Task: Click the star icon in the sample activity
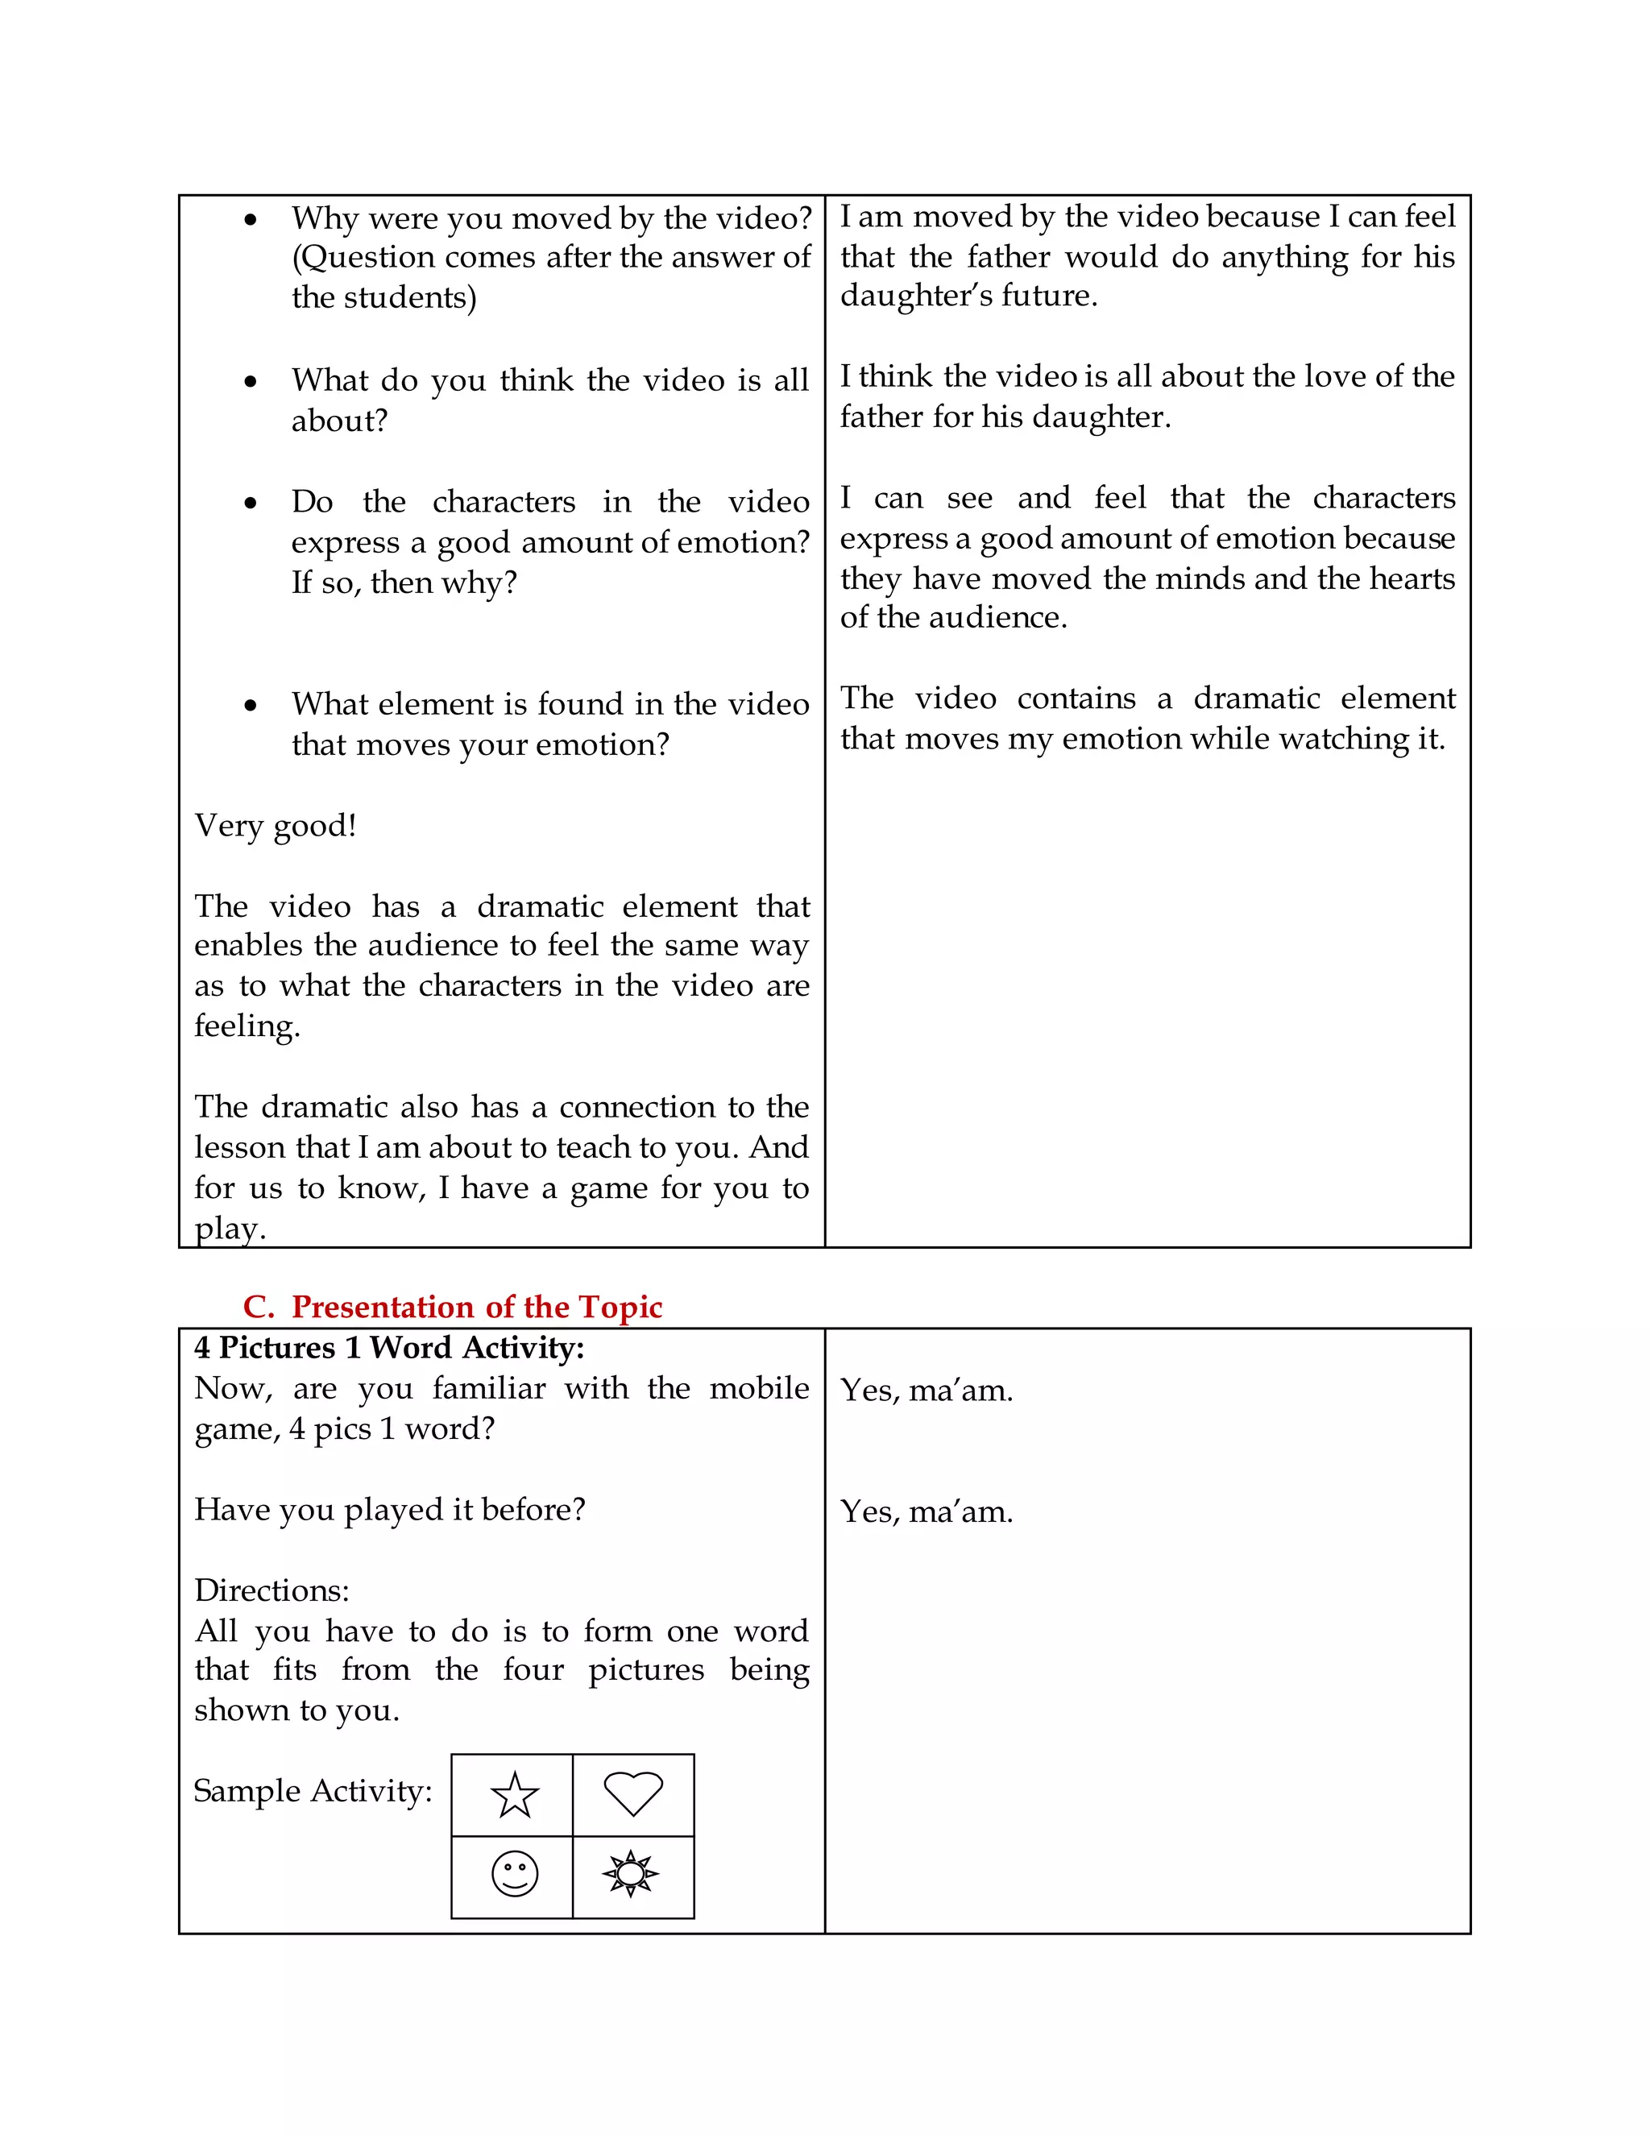[514, 1795]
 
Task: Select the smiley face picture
[514, 1874]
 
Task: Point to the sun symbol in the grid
[632, 1874]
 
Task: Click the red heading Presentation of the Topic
[476, 1307]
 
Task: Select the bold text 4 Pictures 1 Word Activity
[389, 1348]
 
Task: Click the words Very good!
[276, 826]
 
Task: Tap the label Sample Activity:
[313, 1791]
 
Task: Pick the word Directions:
[272, 1590]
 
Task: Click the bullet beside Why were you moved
[251, 220]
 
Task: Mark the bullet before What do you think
[251, 382]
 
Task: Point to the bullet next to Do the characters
[251, 504]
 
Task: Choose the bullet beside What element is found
[251, 706]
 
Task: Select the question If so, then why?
[404, 583]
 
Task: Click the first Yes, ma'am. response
[927, 1390]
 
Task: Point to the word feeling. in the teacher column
[247, 1026]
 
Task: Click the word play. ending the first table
[230, 1229]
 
